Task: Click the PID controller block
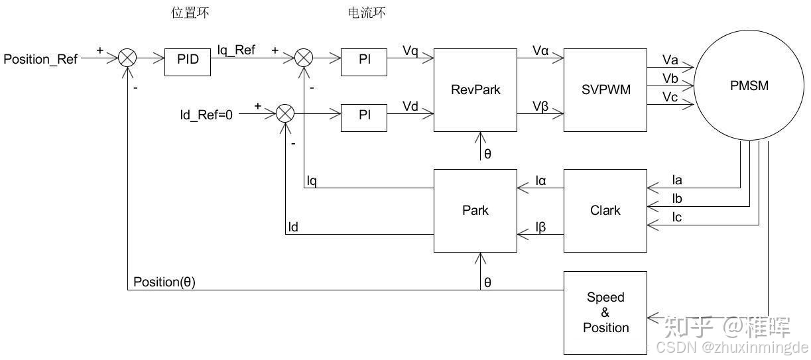point(188,59)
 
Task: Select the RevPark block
point(475,90)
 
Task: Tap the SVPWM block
point(605,90)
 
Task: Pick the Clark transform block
point(605,211)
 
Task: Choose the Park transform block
point(475,211)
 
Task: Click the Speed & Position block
point(605,312)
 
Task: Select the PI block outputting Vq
point(364,59)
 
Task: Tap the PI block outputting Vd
point(364,114)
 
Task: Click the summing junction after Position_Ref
point(127,58)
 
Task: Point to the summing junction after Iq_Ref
point(304,58)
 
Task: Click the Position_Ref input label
point(40,60)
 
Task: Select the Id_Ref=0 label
point(206,115)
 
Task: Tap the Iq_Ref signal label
point(236,50)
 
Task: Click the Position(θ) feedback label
point(164,282)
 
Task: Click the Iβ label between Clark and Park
point(541,227)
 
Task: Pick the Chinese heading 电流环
point(366,13)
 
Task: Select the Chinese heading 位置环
point(190,13)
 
